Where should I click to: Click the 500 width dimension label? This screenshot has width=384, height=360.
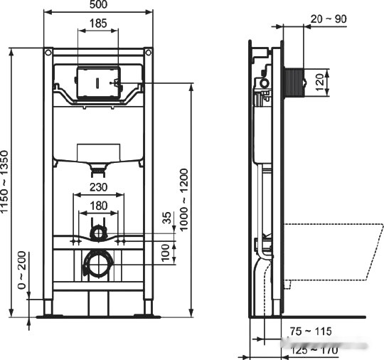[100, 6]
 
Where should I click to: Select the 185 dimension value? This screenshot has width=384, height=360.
[100, 24]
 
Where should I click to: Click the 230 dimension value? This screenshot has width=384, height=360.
[100, 188]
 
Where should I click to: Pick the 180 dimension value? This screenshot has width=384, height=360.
[100, 206]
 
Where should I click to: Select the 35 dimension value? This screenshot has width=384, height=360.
[168, 218]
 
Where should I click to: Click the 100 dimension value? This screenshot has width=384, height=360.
[168, 251]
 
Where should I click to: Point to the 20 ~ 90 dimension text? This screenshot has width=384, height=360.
[329, 19]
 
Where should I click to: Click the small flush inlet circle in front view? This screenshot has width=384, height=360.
[99, 233]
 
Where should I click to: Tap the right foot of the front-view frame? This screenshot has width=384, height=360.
[149, 311]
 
